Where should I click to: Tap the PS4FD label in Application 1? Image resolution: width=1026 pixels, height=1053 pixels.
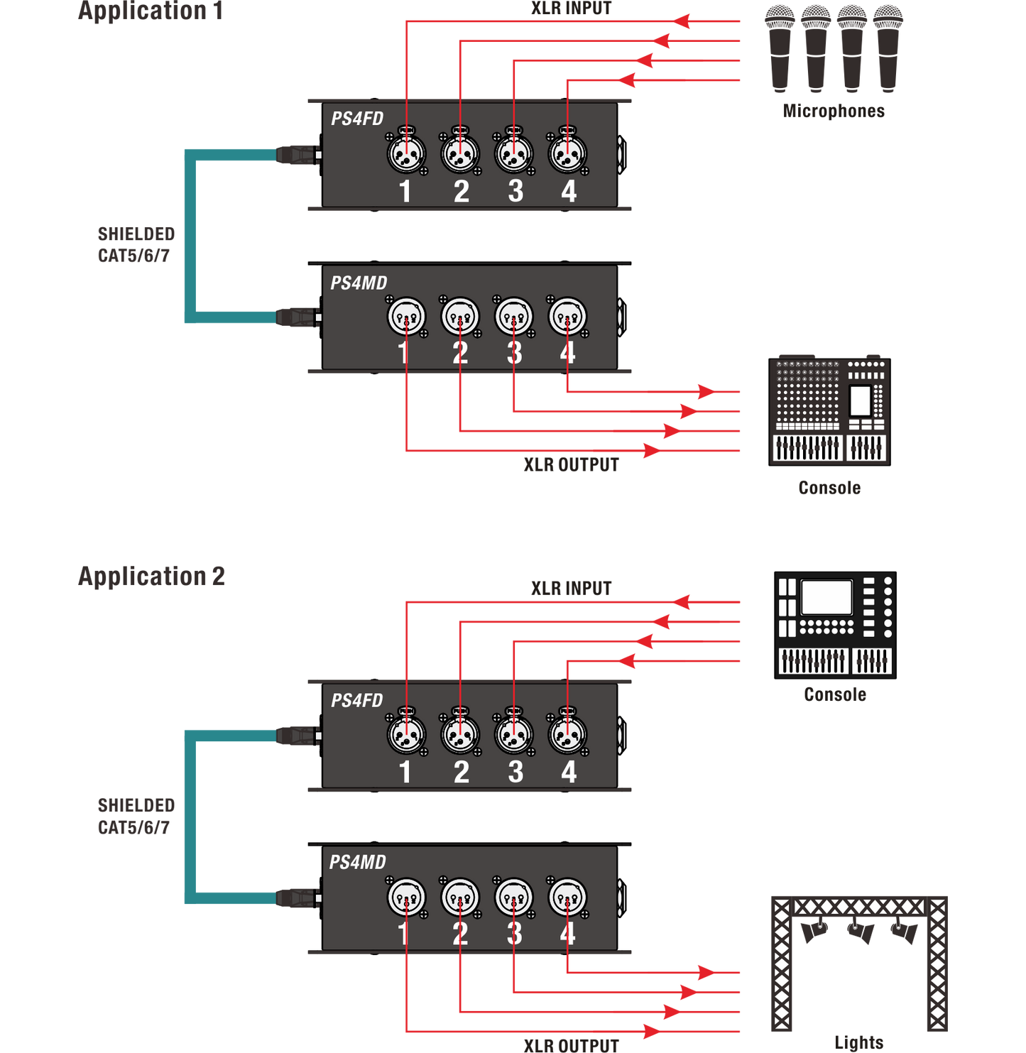point(357,119)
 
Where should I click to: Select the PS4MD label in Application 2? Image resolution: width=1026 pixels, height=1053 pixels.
point(357,862)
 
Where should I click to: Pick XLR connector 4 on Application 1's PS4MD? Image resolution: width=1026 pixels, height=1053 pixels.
point(567,317)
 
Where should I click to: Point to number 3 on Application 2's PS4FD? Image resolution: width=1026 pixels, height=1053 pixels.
point(515,773)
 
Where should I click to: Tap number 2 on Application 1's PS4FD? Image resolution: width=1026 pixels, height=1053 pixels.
point(462,192)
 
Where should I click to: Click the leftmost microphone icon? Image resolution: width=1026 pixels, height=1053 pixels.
point(780,47)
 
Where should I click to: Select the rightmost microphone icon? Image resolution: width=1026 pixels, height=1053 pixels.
point(888,47)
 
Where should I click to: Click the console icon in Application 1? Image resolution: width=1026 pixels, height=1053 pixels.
point(829,411)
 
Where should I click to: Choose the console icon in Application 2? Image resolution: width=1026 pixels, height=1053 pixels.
point(835,625)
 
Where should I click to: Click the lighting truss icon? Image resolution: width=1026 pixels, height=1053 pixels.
point(859,962)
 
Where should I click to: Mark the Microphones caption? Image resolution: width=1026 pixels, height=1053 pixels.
point(834,111)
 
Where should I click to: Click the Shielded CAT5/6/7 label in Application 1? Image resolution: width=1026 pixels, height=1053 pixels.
point(136,244)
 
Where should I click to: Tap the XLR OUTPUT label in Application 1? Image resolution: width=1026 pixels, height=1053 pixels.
point(571,465)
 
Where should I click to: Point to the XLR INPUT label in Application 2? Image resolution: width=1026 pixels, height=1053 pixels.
point(571,588)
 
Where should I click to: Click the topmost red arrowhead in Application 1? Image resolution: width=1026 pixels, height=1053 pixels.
point(682,21)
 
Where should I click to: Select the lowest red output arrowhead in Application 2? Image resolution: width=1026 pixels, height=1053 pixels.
point(650,1031)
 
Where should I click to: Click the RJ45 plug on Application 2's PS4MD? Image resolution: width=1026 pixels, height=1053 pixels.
point(298,897)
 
